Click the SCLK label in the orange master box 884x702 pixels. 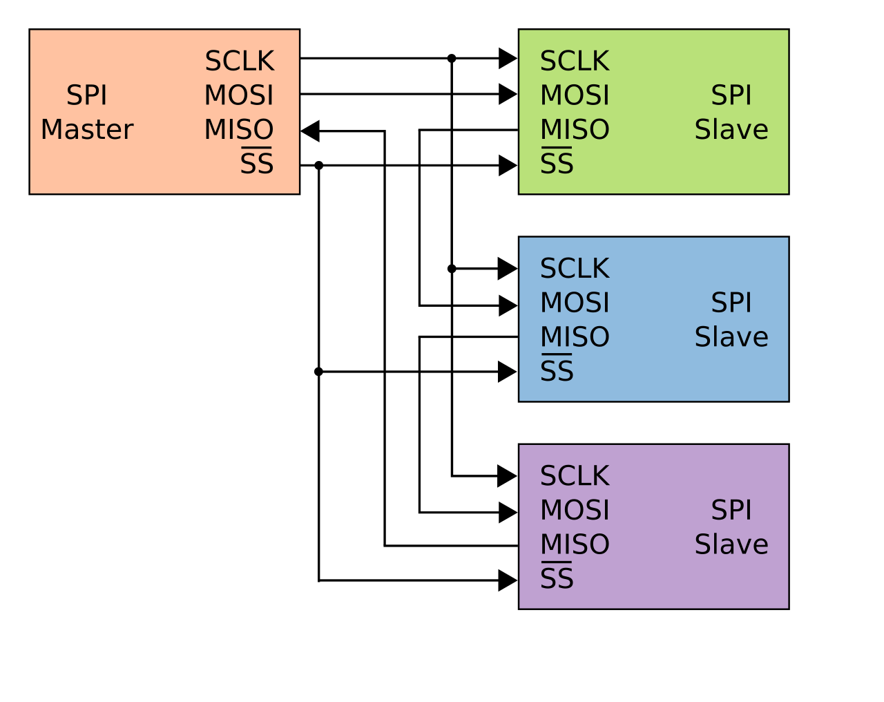pyautogui.click(x=239, y=61)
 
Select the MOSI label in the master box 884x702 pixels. pyautogui.click(x=239, y=95)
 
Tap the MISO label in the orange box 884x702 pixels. pyautogui.click(x=239, y=130)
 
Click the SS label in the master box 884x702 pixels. pyautogui.click(x=256, y=164)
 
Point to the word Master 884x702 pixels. pyautogui.click(x=87, y=130)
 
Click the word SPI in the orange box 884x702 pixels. pyautogui.click(x=87, y=95)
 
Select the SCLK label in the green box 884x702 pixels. pyautogui.click(x=575, y=61)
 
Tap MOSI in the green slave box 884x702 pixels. pyautogui.click(x=575, y=95)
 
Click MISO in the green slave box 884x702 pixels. pyautogui.click(x=575, y=130)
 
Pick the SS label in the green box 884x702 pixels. pyautogui.click(x=557, y=164)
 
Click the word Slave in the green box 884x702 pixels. pyautogui.click(x=731, y=130)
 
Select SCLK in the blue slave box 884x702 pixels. pyautogui.click(x=575, y=269)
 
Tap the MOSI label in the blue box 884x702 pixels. pyautogui.click(x=575, y=303)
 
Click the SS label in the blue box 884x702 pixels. pyautogui.click(x=557, y=371)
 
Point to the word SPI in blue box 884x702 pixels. pyautogui.click(x=731, y=303)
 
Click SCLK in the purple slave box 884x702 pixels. pyautogui.click(x=575, y=476)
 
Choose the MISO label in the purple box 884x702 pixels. pyautogui.click(x=575, y=544)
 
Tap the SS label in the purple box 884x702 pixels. pyautogui.click(x=557, y=578)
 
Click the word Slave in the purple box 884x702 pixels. pyautogui.click(x=731, y=544)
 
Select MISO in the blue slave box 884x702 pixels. pyautogui.click(x=575, y=337)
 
